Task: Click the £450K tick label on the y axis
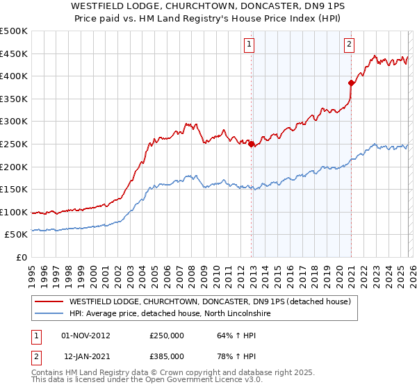pos(13,53)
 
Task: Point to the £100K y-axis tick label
pos(13,212)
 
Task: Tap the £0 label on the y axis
pos(21,257)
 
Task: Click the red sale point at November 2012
pos(251,144)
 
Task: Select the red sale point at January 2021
pos(351,83)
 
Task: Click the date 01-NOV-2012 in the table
pos(85,335)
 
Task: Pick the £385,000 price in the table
pos(167,357)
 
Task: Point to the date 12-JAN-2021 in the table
pos(85,357)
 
